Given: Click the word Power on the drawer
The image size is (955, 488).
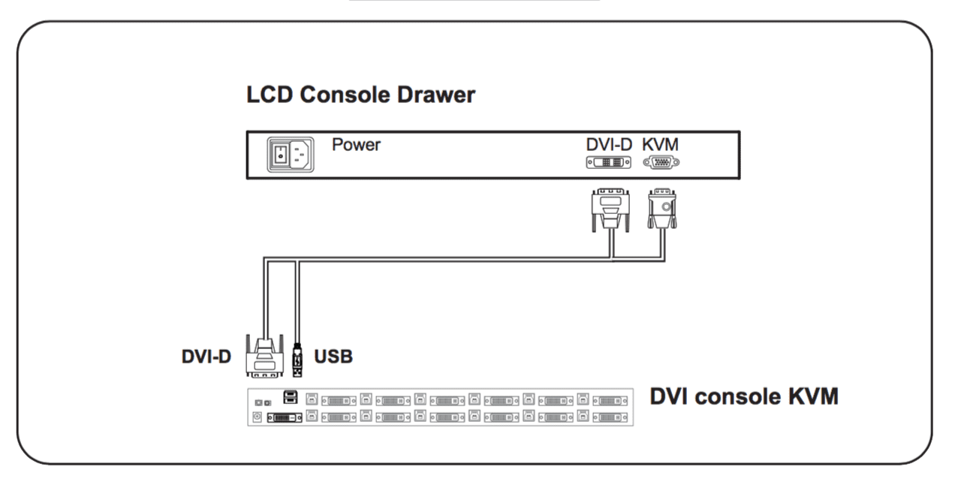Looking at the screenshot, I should pyautogui.click(x=356, y=144).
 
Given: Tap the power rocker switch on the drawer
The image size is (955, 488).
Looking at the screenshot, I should pyautogui.click(x=279, y=155).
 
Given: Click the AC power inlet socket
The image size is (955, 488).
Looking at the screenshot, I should pyautogui.click(x=300, y=155).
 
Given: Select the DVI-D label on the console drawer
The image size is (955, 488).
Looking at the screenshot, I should pyautogui.click(x=609, y=144).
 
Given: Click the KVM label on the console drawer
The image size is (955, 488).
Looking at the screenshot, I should pyautogui.click(x=661, y=144).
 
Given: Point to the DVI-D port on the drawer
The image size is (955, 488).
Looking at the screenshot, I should pyautogui.click(x=608, y=162).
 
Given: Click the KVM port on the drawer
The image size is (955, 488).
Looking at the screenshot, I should pyautogui.click(x=661, y=162).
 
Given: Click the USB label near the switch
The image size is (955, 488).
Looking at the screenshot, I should pyautogui.click(x=333, y=356).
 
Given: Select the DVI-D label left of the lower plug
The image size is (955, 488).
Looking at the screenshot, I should pyautogui.click(x=206, y=357).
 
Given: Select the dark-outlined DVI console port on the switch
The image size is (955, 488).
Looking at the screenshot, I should pyautogui.click(x=285, y=416).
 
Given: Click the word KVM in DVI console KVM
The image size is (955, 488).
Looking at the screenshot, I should pyautogui.click(x=810, y=396).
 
